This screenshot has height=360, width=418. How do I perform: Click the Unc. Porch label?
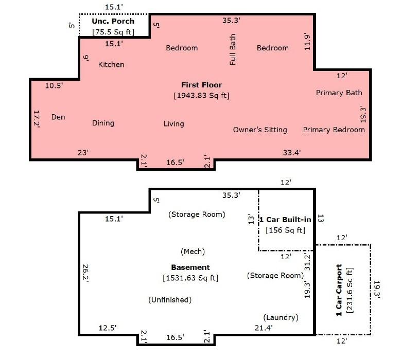pos(113,21)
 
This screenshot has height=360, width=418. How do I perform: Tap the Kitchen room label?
pos(111,65)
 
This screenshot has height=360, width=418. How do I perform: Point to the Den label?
pos(58,117)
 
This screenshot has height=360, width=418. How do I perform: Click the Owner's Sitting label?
pos(260,130)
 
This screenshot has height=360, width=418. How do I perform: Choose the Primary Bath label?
pos(339,93)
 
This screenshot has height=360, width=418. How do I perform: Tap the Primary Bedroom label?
pos(334,130)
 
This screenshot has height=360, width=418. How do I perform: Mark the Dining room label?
pos(103,123)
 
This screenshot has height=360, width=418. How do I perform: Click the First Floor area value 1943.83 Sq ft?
pos(201,96)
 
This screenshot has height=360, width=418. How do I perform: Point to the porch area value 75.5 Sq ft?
pos(113,32)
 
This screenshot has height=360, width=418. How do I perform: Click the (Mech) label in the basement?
pos(193,251)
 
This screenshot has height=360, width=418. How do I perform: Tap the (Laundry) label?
pos(281,317)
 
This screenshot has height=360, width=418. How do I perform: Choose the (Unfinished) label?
pos(169,300)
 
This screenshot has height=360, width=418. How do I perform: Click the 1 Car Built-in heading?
pos(286,220)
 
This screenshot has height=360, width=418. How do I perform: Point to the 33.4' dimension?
pos(291,152)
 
